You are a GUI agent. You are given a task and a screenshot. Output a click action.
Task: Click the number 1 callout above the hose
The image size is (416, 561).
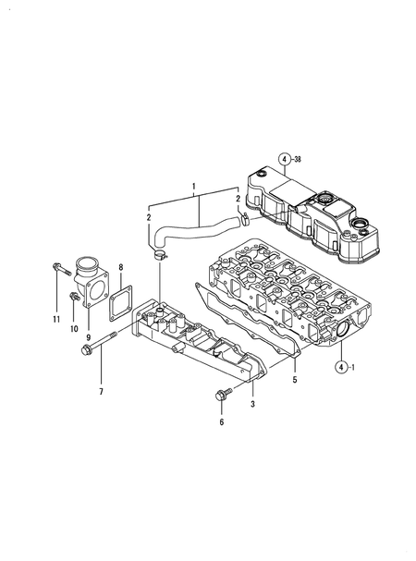(x=195, y=187)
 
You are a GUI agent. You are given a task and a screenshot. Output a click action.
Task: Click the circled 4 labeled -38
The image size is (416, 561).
(x=287, y=158)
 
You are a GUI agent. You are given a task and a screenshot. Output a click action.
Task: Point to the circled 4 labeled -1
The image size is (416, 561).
(x=341, y=366)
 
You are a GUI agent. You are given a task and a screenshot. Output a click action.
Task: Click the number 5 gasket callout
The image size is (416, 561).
(x=295, y=380)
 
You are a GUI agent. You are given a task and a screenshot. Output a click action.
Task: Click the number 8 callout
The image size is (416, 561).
(x=119, y=268)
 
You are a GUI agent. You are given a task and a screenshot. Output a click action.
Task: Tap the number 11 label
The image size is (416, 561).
(x=55, y=319)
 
